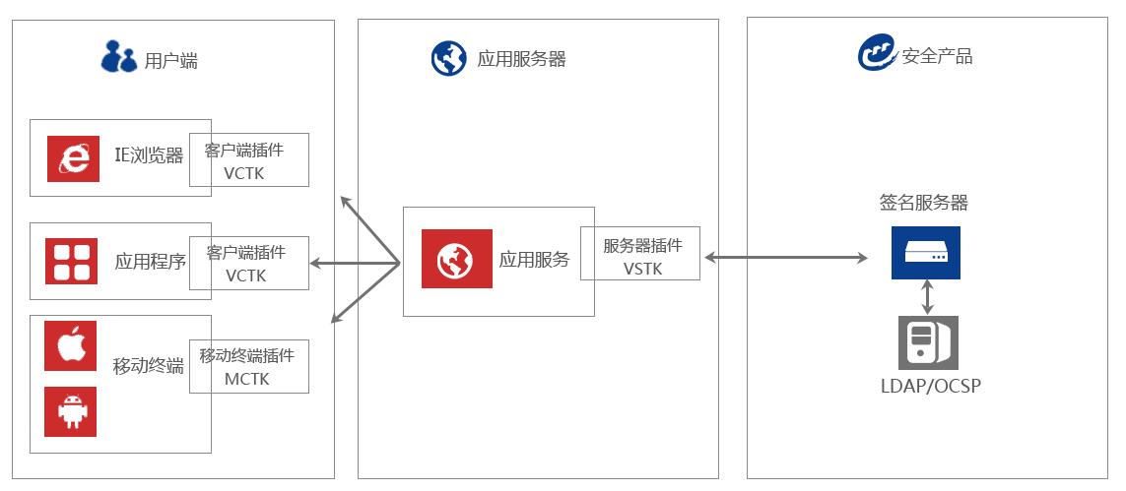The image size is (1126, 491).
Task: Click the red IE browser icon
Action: (x=73, y=158)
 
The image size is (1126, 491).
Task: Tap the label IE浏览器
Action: (x=149, y=155)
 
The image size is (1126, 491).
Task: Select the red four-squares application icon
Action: (x=72, y=261)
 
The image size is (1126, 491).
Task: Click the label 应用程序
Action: (x=150, y=262)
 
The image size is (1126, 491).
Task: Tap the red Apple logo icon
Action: (x=70, y=345)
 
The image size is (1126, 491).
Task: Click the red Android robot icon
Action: (x=70, y=411)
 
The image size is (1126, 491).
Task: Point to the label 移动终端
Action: (x=148, y=366)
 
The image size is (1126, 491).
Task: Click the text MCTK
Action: (x=246, y=379)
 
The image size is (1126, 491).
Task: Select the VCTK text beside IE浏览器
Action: (x=244, y=173)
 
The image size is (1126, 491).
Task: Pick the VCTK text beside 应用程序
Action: (x=245, y=276)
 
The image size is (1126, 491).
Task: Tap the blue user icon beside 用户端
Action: (x=119, y=56)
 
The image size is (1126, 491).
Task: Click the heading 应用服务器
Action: (x=521, y=59)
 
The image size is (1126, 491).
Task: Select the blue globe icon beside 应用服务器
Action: (x=449, y=58)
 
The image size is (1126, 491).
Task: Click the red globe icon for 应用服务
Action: (x=457, y=259)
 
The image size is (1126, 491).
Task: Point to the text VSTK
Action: (x=643, y=268)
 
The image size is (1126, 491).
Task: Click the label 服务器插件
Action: (x=642, y=246)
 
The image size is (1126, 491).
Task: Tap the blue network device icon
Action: (x=925, y=253)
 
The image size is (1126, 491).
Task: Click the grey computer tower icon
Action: (x=927, y=342)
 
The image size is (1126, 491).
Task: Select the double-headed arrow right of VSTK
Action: (x=786, y=258)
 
